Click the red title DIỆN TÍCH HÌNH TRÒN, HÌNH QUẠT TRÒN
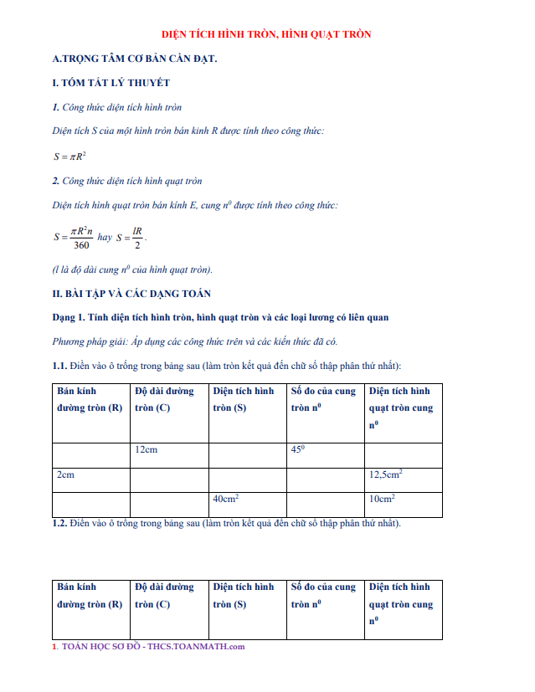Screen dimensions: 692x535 tap(266, 34)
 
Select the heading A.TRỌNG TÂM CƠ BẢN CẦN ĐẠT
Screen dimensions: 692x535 tap(134, 59)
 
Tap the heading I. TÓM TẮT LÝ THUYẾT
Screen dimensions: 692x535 tap(111, 83)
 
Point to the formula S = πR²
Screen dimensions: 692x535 tap(71, 156)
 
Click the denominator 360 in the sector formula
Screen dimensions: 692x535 tap(81, 245)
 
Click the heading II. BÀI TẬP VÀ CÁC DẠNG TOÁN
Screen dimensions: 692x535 tap(131, 294)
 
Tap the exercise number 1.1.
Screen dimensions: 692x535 tap(59, 366)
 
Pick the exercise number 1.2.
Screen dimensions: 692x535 tap(59, 524)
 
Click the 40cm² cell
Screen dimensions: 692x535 tap(226, 499)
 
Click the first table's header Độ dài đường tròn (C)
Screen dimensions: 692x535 tap(164, 399)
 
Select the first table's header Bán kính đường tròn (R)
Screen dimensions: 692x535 tap(90, 399)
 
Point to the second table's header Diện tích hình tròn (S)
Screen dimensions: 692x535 tap(243, 595)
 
